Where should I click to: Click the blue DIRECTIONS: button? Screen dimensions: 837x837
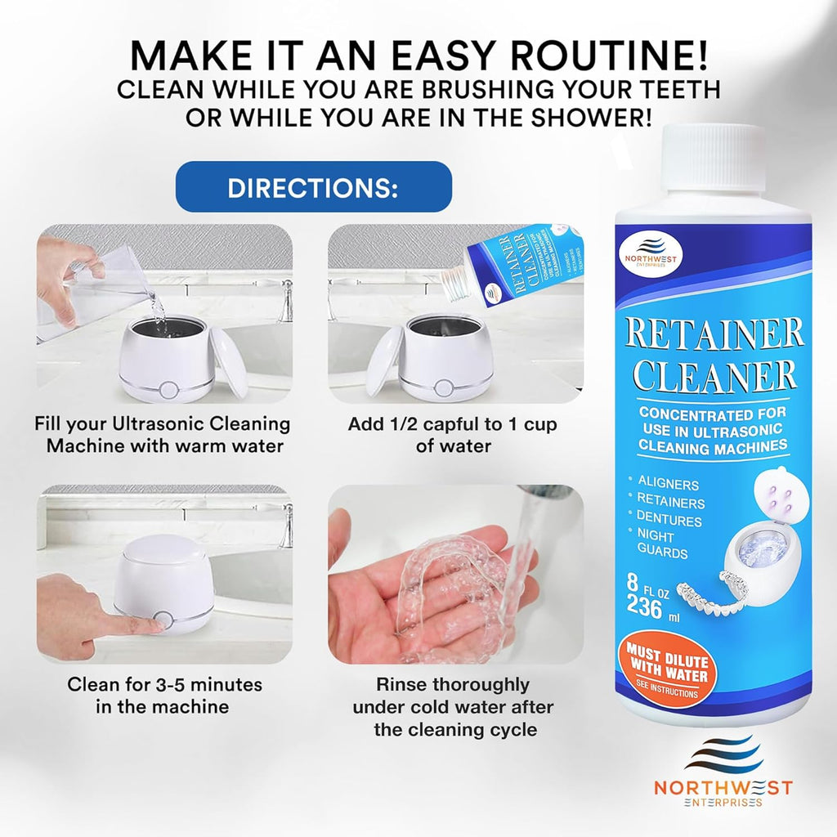tap(313, 187)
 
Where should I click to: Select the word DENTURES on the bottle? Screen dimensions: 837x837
tap(669, 521)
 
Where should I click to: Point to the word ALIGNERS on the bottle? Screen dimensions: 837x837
tap(668, 485)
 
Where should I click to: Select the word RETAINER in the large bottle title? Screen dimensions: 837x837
tap(714, 333)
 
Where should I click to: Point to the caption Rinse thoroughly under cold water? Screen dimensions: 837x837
tap(453, 706)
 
